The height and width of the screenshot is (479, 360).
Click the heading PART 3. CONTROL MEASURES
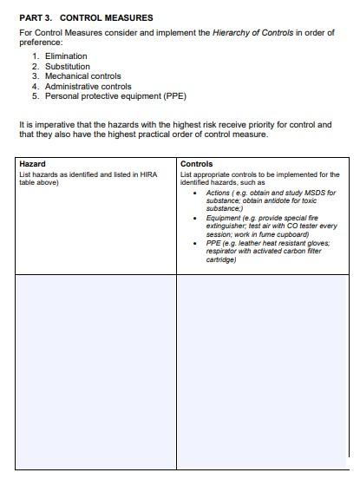point(86,17)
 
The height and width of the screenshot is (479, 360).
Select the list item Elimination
point(66,56)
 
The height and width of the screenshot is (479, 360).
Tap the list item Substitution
point(67,66)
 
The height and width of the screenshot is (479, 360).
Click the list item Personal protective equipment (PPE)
point(115,96)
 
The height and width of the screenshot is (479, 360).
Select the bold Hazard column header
point(32,164)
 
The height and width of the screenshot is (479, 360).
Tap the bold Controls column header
point(196,164)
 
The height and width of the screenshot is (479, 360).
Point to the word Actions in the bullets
point(219,193)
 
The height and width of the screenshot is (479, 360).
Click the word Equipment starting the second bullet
point(224,218)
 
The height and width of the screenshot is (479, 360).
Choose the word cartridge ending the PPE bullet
point(221,259)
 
